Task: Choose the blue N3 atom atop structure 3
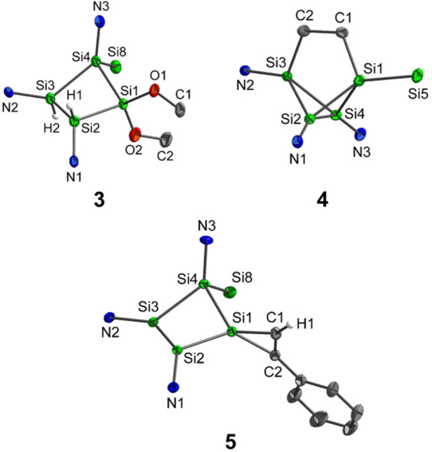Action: [102, 20]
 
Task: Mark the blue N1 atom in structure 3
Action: [74, 161]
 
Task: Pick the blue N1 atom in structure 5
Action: [176, 387]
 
